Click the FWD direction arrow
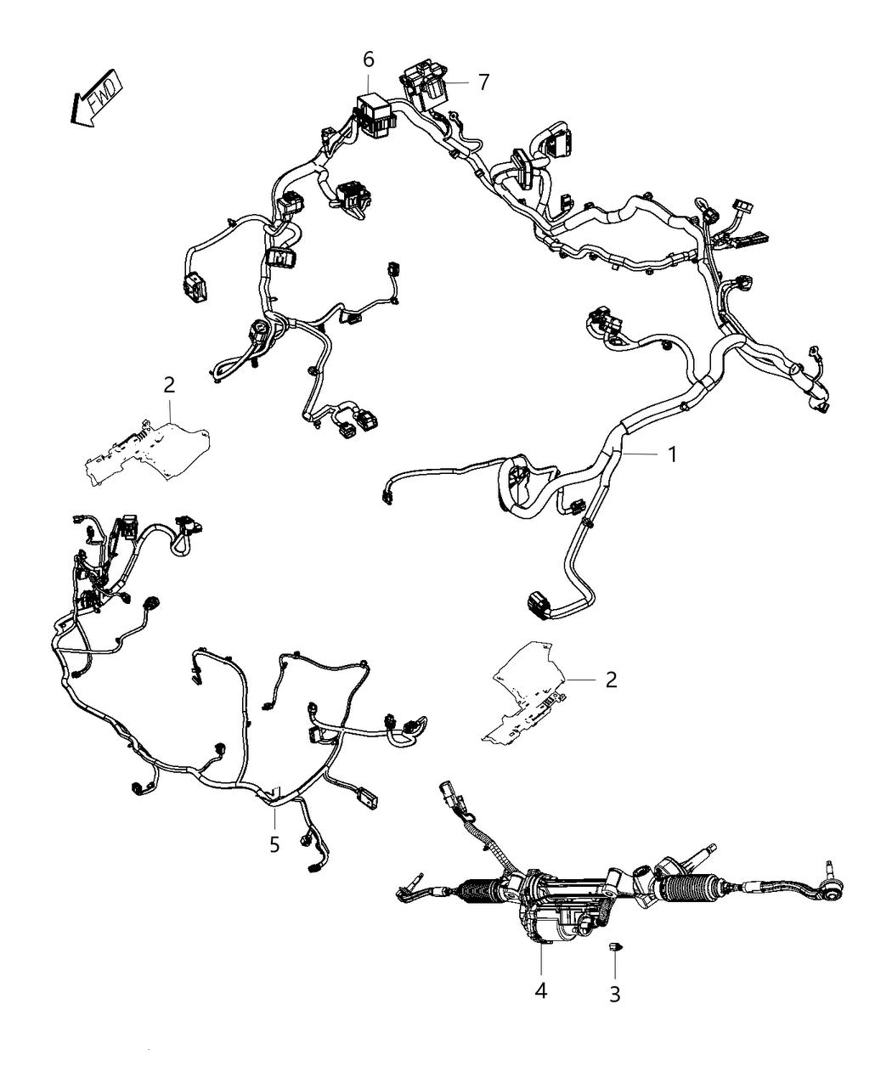[97, 98]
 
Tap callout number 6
[369, 60]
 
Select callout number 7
[483, 82]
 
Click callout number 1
[673, 455]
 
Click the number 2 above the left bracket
[169, 386]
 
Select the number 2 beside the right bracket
[612, 680]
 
